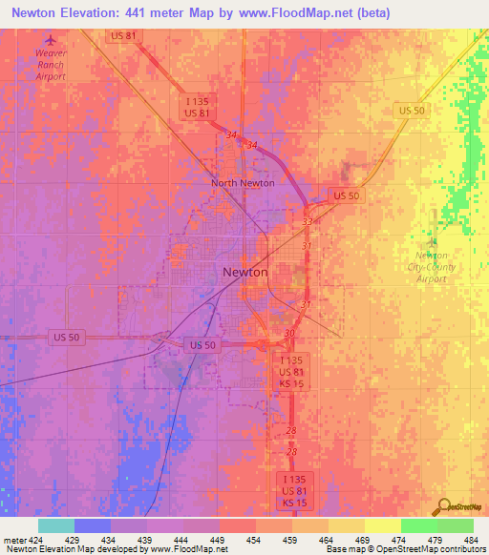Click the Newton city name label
pos(245,272)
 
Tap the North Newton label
pos(243,183)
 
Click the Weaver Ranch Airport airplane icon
pos(51,40)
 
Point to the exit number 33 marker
pos(308,221)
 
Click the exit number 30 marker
pos(289,332)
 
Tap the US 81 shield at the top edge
pos(124,35)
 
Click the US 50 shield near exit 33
pos(346,195)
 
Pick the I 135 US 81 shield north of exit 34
pos(198,106)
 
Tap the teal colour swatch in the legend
pos(55,525)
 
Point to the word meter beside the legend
pos(13,539)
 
